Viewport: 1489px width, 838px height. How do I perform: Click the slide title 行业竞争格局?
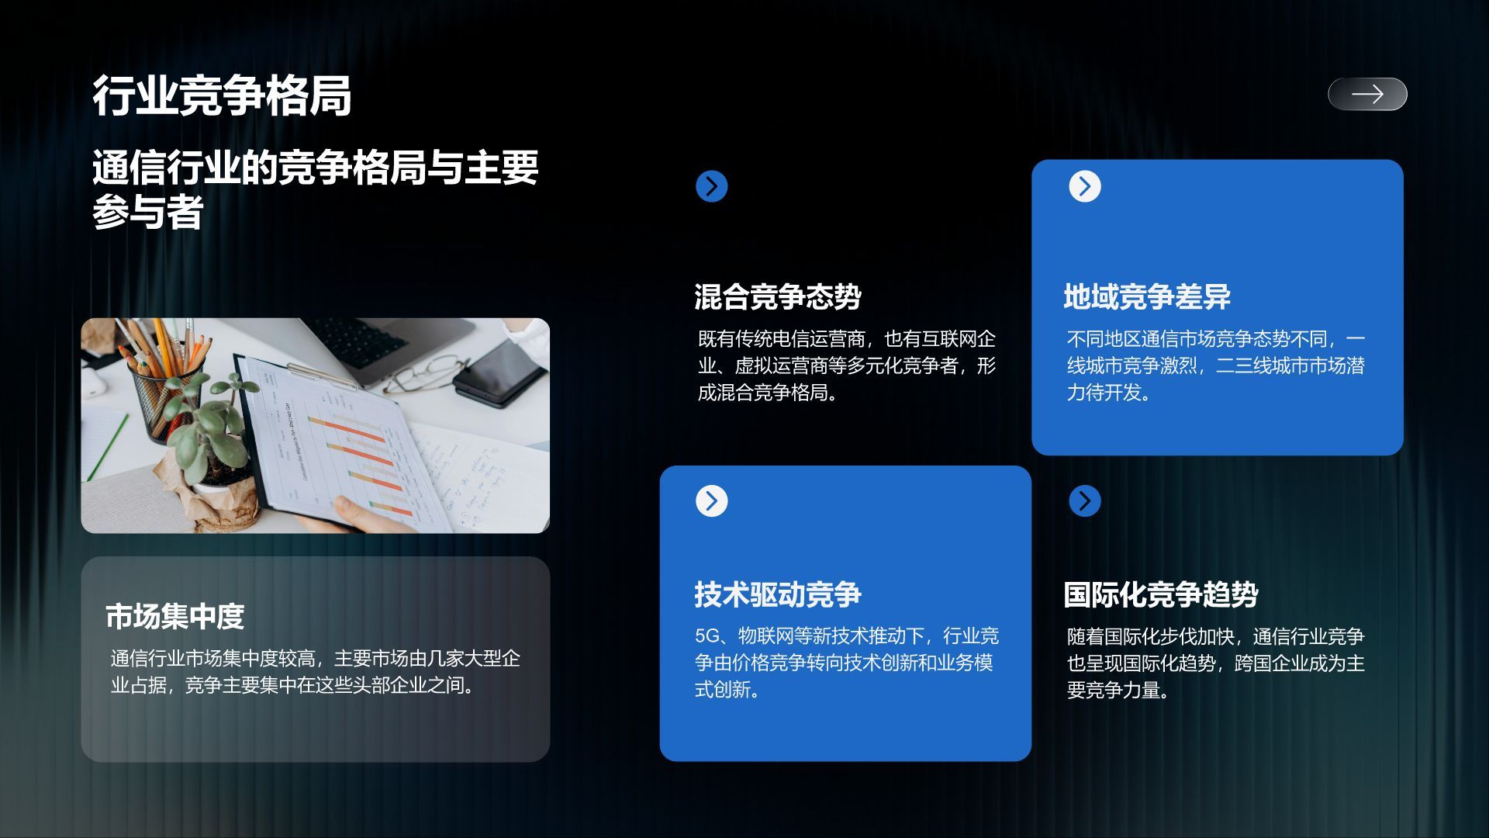[222, 96]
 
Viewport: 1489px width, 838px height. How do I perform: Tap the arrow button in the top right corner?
[1367, 94]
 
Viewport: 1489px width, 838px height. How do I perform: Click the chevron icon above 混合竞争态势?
[711, 186]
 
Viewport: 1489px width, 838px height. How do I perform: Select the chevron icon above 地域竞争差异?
[1084, 186]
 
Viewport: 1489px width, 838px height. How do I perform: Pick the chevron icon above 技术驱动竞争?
[711, 500]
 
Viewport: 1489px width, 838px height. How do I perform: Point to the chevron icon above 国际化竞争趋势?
[1084, 500]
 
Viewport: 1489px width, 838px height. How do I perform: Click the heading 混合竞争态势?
[777, 296]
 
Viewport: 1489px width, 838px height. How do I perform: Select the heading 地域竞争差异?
[1146, 296]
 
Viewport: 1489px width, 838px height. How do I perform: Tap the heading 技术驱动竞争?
[777, 594]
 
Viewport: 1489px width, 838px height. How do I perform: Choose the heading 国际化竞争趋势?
[1160, 594]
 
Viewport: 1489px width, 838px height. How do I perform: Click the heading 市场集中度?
[175, 617]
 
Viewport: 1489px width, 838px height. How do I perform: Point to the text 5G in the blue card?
[706, 636]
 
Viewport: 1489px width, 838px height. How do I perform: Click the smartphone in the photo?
[500, 373]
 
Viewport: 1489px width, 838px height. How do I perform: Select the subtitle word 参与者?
[147, 212]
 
